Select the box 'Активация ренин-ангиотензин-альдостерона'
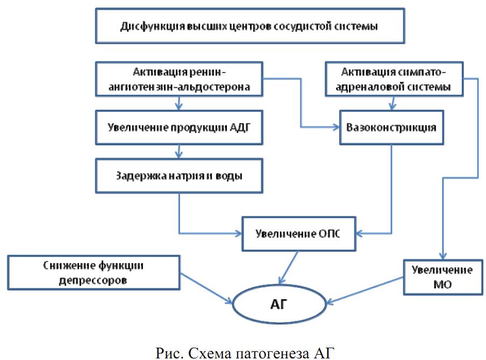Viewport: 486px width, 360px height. pos(179,79)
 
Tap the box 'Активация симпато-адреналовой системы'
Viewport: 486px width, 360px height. pos(395,79)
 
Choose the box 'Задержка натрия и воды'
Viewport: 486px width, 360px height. pos(179,175)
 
